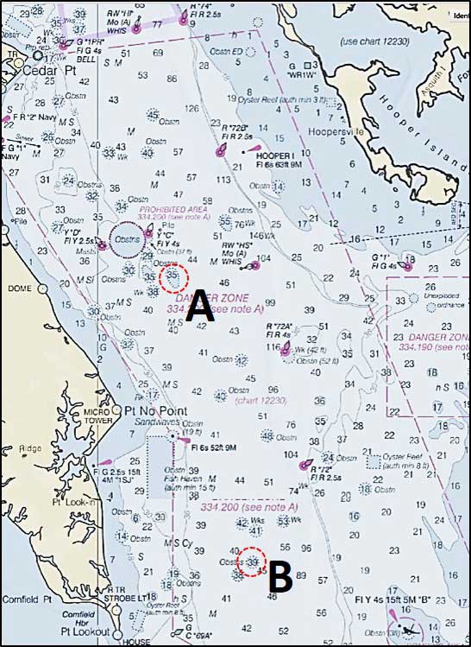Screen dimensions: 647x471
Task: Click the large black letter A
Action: click(x=199, y=305)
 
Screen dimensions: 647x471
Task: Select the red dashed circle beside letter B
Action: click(x=252, y=561)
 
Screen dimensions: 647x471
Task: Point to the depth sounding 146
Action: click(x=257, y=235)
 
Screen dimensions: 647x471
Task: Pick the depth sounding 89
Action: click(x=300, y=574)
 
